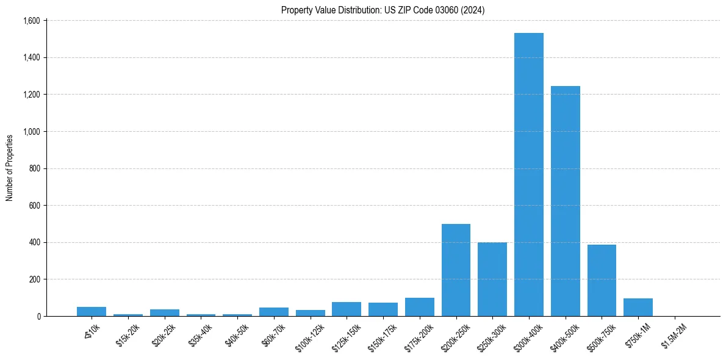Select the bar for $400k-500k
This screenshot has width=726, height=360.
point(565,201)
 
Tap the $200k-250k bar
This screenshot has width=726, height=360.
point(456,270)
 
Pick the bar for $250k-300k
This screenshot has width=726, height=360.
point(492,279)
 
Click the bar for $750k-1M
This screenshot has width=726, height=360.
point(638,308)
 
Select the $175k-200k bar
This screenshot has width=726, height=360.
point(419,308)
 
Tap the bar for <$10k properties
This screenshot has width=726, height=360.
point(92,312)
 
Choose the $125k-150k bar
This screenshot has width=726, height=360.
point(347,309)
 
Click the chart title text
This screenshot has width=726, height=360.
point(383,10)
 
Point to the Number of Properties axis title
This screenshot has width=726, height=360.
point(10,168)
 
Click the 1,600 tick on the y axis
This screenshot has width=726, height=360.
point(32,21)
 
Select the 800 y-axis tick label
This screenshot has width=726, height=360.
point(35,168)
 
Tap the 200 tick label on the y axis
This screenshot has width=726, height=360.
point(35,279)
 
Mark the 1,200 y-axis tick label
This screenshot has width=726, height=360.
point(32,95)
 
